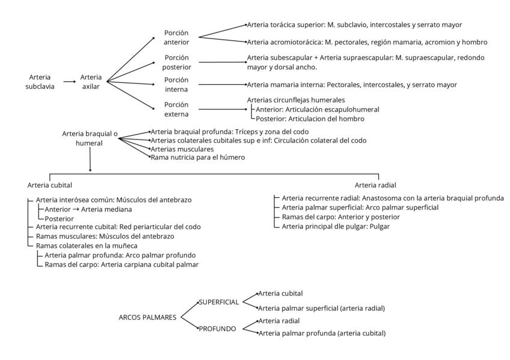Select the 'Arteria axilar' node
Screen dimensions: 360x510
[x=91, y=82]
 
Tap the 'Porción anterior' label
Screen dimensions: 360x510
[x=176, y=37]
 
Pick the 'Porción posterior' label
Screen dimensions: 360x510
[x=177, y=62]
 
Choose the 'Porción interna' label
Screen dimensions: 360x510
[x=176, y=84]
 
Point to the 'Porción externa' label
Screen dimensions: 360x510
[x=176, y=109]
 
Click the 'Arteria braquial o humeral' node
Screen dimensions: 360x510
[x=90, y=139]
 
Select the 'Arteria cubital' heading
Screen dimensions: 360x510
[x=50, y=185]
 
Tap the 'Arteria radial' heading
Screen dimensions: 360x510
[x=376, y=185]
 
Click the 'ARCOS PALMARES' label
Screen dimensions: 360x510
[x=147, y=317]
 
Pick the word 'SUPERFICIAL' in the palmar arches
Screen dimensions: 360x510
[x=219, y=302]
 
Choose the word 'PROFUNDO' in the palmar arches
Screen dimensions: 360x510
[x=217, y=329]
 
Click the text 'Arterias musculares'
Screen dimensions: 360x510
[x=182, y=148]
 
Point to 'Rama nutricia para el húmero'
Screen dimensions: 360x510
[x=198, y=157]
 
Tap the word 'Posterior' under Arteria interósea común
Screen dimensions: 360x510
[x=59, y=219]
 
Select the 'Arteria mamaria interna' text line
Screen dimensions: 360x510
[x=352, y=85]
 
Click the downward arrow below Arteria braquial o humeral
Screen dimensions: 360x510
[x=90, y=162]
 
